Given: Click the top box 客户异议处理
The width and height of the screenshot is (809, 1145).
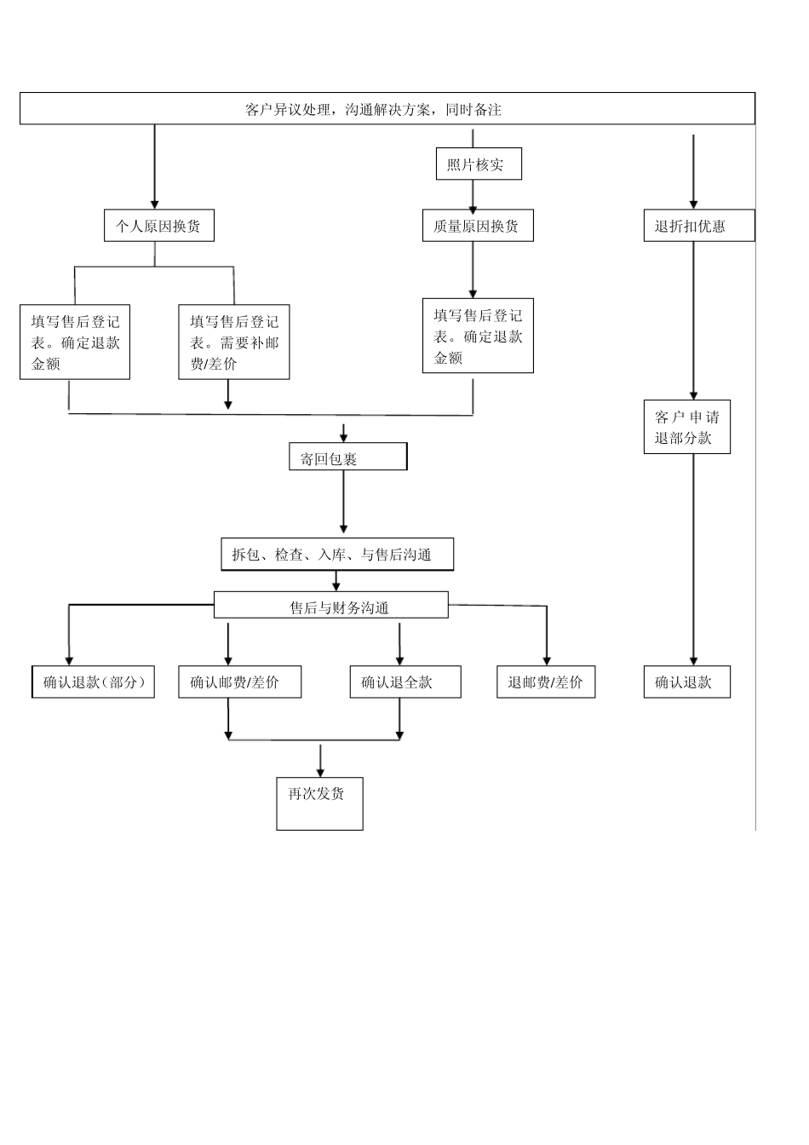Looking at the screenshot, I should point(387,108).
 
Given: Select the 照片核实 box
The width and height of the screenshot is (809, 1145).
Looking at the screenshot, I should point(478,164).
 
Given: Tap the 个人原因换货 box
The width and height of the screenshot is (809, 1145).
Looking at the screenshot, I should point(158,226).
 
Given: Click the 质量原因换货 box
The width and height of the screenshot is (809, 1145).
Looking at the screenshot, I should point(478,226).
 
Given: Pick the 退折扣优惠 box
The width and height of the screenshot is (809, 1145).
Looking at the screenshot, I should point(698,226).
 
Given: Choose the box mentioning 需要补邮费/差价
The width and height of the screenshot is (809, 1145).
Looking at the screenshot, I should point(233,342).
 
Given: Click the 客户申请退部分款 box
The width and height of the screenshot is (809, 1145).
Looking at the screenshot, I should point(686,428).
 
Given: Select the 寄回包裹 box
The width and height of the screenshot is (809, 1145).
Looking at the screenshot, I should point(347,457).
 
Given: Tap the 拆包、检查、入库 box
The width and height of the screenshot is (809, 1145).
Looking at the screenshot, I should point(336,555).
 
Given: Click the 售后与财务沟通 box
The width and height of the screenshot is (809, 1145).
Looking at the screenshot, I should point(330,606).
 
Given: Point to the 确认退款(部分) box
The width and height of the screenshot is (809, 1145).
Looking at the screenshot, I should point(94,682).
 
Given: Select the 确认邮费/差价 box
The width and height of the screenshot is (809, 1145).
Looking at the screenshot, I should point(239,682).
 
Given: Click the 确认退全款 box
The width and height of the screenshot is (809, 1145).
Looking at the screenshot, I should point(404,682).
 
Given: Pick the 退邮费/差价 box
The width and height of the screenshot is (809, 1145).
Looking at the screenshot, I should point(546,682).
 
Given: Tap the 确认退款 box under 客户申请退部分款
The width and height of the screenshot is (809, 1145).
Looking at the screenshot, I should point(686,682).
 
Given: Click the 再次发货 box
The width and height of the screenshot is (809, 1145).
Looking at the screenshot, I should point(319,803).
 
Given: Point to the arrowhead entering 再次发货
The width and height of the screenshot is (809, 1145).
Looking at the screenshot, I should point(320,771).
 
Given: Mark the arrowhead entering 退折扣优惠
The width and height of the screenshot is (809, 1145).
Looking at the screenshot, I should point(693,204).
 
